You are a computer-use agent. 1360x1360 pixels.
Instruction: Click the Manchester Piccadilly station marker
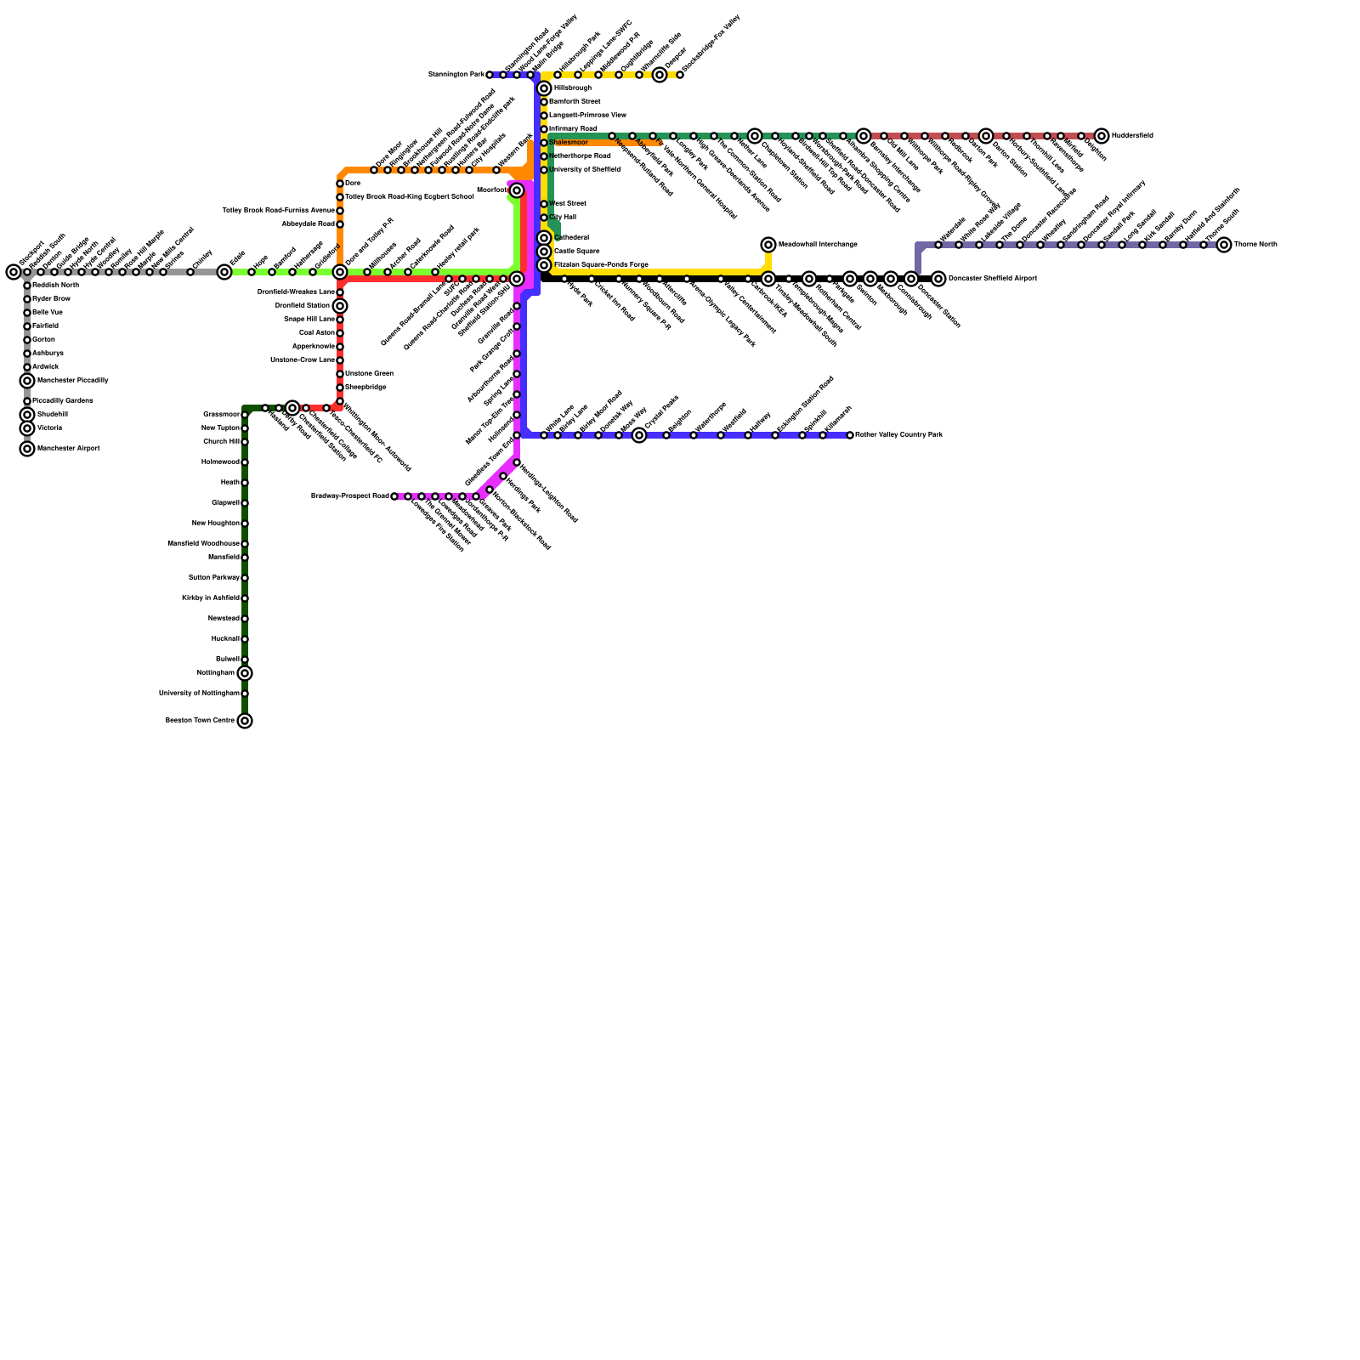coord(27,381)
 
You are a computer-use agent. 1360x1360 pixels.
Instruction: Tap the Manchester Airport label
coord(68,449)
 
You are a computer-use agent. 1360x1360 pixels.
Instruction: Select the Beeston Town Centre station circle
coord(245,721)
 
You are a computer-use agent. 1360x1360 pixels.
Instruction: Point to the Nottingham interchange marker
coord(245,673)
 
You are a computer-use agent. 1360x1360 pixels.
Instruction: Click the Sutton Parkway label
coord(213,578)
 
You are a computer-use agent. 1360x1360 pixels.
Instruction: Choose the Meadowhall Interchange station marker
coord(768,245)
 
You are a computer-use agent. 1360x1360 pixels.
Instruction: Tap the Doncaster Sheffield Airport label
coord(992,279)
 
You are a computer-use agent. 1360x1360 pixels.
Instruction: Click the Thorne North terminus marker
coord(1224,245)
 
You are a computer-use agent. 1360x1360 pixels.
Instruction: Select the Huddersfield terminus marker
coord(1102,136)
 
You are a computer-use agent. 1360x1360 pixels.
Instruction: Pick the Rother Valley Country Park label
coord(898,435)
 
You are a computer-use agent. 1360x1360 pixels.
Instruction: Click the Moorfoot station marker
coord(517,190)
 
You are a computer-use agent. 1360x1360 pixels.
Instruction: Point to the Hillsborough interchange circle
coord(544,88)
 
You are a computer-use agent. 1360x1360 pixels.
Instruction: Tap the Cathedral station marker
coord(544,238)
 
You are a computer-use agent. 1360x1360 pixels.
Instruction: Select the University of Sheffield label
coord(584,170)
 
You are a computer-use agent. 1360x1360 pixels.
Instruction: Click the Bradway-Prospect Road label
coord(349,496)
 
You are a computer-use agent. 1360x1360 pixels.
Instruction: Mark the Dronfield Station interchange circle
coord(340,306)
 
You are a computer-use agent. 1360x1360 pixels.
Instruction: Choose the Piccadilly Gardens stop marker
coord(27,401)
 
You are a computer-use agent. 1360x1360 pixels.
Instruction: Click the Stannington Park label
coord(456,75)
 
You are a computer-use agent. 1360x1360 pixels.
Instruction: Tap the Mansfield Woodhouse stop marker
coord(245,544)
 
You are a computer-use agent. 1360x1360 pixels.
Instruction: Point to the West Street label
coord(567,204)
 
